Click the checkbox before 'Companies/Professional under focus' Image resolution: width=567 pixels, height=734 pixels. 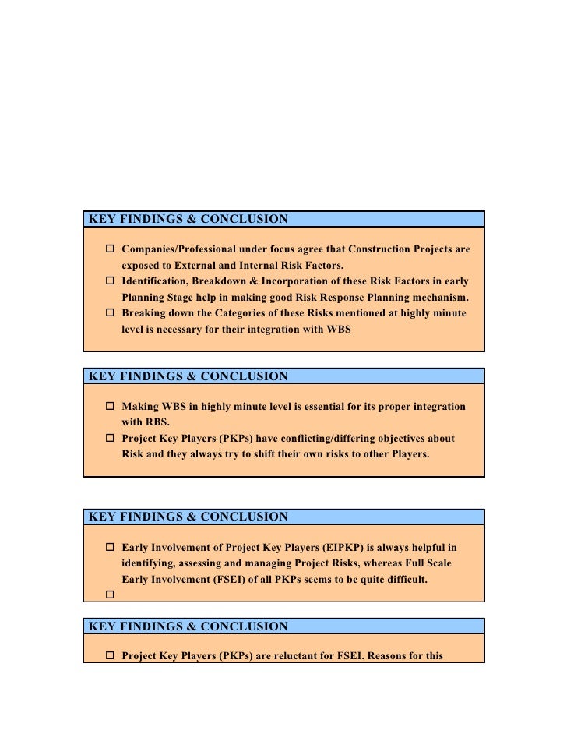coord(110,249)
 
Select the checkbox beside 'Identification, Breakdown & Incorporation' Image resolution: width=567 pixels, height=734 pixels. coord(110,281)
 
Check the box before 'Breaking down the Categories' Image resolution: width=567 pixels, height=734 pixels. coord(110,312)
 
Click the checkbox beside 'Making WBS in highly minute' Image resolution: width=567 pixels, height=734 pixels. coord(110,407)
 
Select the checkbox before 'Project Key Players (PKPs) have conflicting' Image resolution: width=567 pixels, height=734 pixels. coord(110,438)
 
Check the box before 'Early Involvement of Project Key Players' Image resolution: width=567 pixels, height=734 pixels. coord(110,547)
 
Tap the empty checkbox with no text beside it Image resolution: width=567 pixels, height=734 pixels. coord(110,595)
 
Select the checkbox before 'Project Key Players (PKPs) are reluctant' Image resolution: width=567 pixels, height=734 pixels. coord(110,655)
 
